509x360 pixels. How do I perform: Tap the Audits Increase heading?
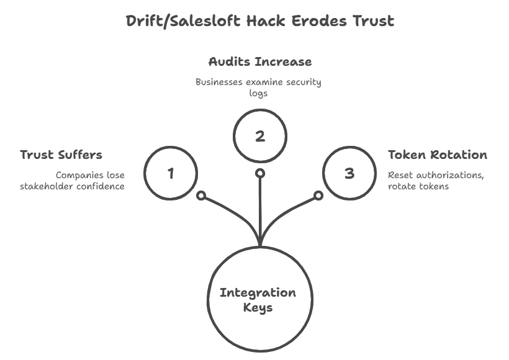[259, 62]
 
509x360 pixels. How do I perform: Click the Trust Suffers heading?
[61, 155]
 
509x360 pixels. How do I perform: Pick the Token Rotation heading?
[437, 155]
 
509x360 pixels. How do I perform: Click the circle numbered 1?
[171, 173]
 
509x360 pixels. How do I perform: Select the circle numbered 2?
[259, 136]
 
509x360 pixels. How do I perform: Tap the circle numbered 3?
[349, 173]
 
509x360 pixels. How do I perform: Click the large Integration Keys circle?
[258, 300]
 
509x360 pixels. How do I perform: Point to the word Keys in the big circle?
[258, 307]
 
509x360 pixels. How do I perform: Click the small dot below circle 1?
[200, 196]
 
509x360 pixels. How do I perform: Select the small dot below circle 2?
[260, 173]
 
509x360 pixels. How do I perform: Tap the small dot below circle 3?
[318, 196]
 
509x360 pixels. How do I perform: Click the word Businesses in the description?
[218, 82]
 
